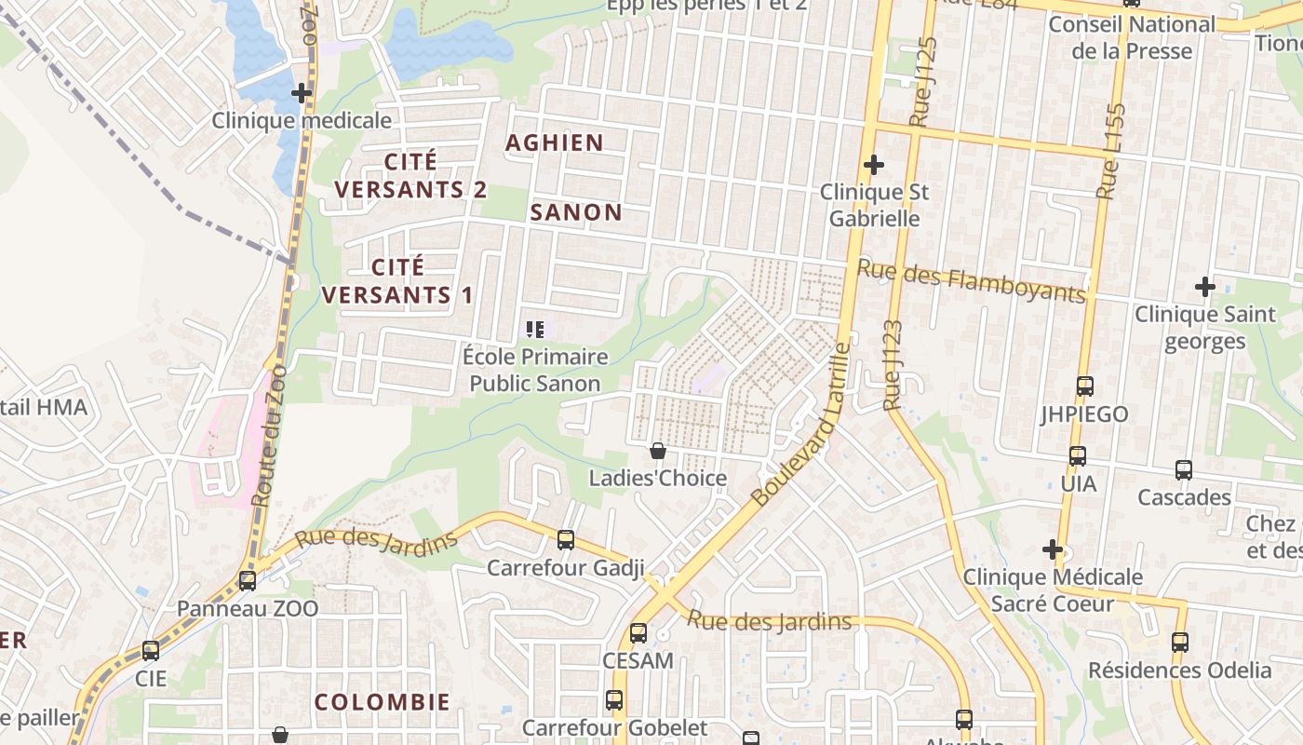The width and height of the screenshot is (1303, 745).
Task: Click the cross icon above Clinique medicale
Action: pyautogui.click(x=301, y=93)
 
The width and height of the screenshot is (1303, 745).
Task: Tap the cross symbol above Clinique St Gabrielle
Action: pyautogui.click(x=873, y=165)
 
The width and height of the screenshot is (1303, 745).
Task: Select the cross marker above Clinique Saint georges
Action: pyautogui.click(x=1205, y=287)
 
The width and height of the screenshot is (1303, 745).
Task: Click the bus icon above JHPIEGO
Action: pyautogui.click(x=1084, y=386)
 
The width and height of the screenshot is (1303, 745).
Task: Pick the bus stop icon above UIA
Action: pyautogui.click(x=1078, y=456)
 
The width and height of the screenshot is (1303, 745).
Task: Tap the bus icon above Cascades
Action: pyautogui.click(x=1184, y=470)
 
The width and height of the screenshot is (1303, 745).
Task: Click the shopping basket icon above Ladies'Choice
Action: pyautogui.click(x=658, y=452)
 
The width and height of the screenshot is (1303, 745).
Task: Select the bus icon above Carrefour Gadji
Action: pyautogui.click(x=565, y=540)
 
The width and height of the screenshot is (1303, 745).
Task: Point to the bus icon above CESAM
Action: pyautogui.click(x=638, y=633)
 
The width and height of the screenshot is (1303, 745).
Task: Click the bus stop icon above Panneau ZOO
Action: pyautogui.click(x=248, y=581)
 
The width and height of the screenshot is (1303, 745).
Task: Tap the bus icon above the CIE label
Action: pyautogui.click(x=151, y=651)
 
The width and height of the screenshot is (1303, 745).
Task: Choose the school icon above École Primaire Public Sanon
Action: pyautogui.click(x=535, y=329)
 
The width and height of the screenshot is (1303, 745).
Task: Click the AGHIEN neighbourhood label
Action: pyautogui.click(x=554, y=143)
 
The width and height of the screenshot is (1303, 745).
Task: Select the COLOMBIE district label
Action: pyautogui.click(x=382, y=702)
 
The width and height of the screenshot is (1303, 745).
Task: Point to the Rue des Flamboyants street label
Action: pyautogui.click(x=971, y=280)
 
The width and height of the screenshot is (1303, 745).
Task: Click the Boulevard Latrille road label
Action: pyautogui.click(x=802, y=426)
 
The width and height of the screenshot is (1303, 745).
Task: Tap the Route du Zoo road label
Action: pyautogui.click(x=270, y=447)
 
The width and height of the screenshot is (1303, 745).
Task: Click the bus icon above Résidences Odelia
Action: pyautogui.click(x=1180, y=643)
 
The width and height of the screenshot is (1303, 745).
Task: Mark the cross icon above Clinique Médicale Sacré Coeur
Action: pyautogui.click(x=1053, y=550)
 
